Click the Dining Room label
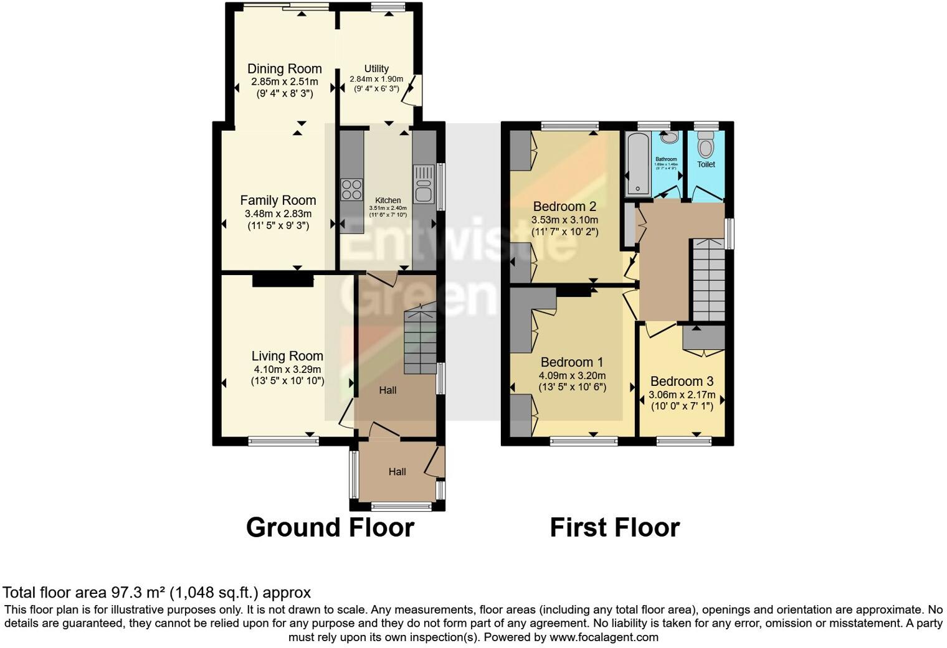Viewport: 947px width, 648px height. coord(284,69)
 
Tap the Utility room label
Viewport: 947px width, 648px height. coord(376,68)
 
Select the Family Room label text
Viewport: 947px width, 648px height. coord(278,200)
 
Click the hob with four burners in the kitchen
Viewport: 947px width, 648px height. coord(352,189)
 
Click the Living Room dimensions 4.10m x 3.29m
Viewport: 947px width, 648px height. coord(287,369)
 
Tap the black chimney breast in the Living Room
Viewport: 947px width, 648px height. coord(282,281)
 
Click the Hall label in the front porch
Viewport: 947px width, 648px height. coord(397,472)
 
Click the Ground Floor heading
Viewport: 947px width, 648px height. coord(330,527)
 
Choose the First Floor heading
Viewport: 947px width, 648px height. coord(614,527)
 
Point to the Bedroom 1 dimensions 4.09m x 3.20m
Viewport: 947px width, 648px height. coord(572,375)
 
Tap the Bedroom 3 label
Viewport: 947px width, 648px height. coord(682,382)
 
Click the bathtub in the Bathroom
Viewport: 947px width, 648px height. coord(637,164)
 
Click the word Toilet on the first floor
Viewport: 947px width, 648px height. coord(706,165)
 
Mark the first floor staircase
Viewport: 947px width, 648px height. coord(708,280)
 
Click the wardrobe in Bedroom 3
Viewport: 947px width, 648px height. coord(703,339)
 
